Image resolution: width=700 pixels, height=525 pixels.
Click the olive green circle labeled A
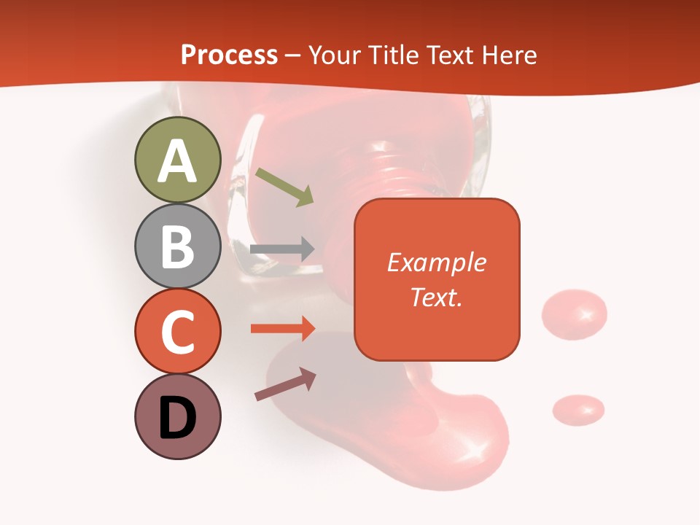coord(177,160)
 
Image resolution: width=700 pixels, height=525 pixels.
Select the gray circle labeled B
coord(177,246)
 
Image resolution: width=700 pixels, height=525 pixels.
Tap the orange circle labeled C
coord(177,332)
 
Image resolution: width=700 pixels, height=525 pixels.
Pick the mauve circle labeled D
coord(177,417)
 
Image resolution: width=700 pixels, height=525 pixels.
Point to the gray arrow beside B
coord(282,249)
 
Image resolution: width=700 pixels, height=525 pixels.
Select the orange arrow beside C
coord(283,329)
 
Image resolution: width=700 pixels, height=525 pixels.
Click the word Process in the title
coord(229,55)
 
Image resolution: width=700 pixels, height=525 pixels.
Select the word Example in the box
coord(436,262)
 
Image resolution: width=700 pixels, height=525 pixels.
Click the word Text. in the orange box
coord(436,297)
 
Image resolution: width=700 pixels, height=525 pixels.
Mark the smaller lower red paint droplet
coord(578,409)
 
